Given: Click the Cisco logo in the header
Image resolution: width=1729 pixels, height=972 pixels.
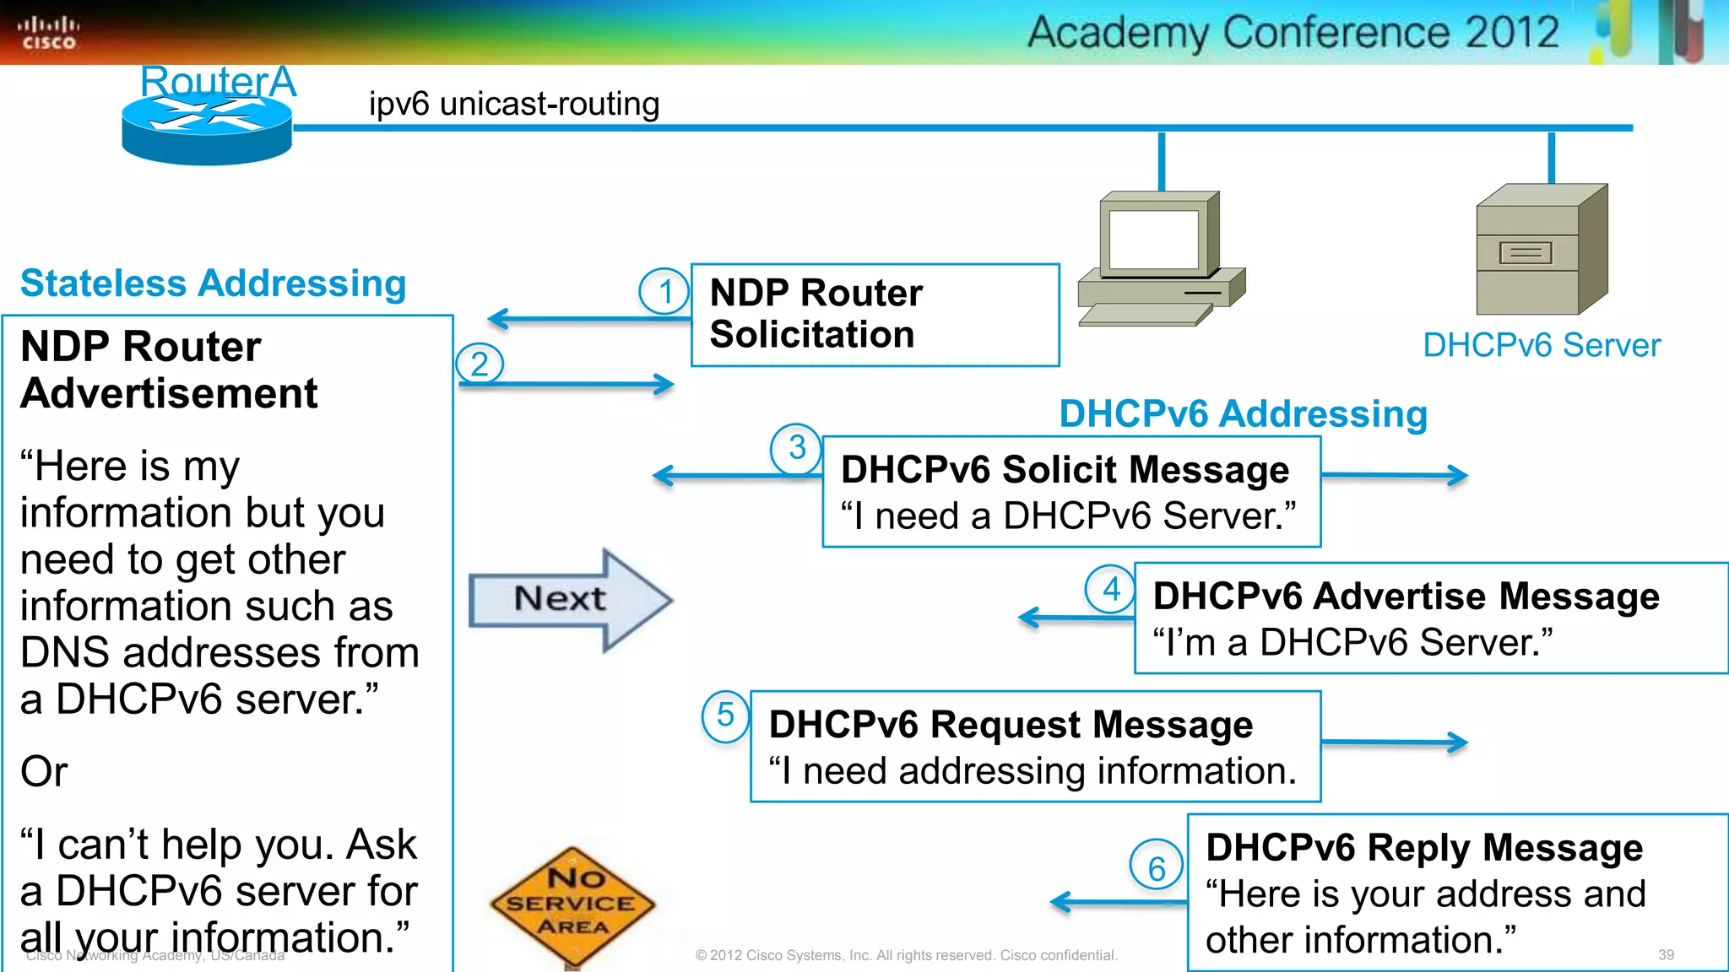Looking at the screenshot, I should (48, 33).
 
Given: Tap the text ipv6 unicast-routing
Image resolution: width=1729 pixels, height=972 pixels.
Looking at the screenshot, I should (513, 104).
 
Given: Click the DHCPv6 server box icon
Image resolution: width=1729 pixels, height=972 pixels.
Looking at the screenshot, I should (1541, 250).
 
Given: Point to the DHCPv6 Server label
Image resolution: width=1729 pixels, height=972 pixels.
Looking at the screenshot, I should (1541, 345).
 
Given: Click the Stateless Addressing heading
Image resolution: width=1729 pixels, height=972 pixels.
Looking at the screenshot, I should (213, 283).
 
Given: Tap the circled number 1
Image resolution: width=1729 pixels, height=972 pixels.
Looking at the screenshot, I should (664, 291).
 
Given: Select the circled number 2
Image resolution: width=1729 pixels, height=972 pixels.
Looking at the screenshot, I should (480, 364).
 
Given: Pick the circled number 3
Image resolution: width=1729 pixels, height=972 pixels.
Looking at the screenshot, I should (796, 448).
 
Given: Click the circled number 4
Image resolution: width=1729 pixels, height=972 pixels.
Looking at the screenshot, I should (1110, 589).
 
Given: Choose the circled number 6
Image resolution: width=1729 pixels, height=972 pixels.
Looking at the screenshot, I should (1156, 867).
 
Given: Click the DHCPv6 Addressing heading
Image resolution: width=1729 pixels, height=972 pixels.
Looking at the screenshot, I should (1243, 414).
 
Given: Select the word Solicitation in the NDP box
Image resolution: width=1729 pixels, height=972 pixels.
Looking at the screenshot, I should (811, 335).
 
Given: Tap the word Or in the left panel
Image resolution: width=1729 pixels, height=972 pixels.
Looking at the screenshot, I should (44, 771).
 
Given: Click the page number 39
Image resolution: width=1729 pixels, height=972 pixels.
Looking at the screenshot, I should (1665, 954).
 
